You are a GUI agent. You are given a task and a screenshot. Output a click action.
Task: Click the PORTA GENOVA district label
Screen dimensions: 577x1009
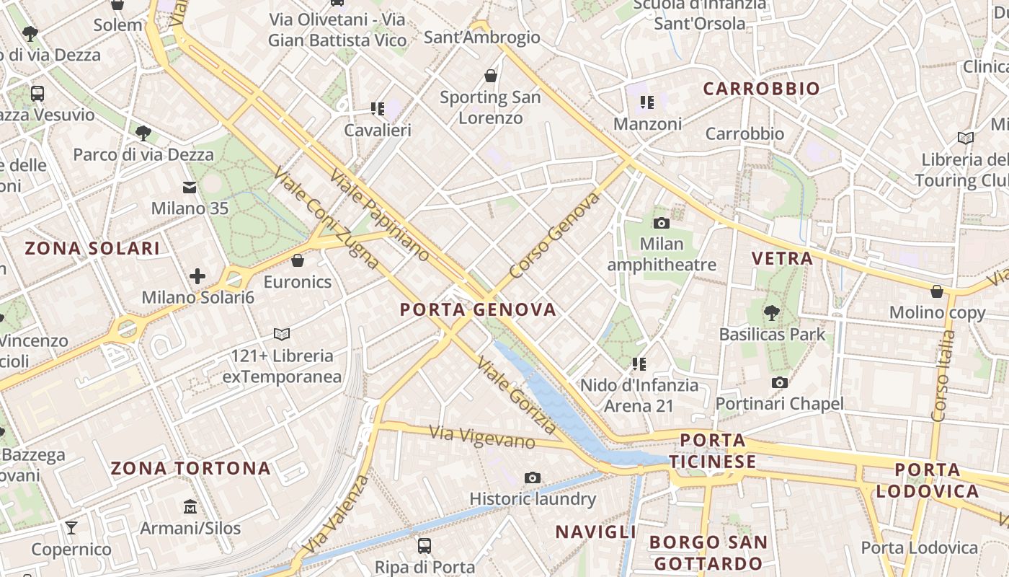coord(478,310)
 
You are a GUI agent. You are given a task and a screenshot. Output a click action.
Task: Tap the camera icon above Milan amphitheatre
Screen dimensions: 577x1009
coord(661,224)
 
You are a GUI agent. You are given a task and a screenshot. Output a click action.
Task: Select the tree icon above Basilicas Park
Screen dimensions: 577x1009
coord(772,313)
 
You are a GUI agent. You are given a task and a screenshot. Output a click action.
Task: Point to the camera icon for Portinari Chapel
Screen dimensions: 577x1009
coord(779,383)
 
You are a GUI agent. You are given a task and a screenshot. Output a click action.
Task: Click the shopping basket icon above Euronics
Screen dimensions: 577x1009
coord(298,260)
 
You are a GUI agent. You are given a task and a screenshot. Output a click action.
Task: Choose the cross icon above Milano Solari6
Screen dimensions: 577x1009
coord(197,276)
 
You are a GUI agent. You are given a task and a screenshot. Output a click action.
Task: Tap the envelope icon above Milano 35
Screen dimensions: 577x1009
coord(190,188)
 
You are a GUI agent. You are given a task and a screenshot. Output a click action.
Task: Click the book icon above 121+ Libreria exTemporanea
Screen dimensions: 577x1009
coord(282,334)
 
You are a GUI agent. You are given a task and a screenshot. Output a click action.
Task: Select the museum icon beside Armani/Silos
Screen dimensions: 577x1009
coord(190,507)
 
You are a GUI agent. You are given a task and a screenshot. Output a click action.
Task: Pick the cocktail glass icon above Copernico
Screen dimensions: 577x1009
coord(71,528)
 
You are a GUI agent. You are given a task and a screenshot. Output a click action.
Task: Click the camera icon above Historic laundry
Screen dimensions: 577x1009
coord(533,477)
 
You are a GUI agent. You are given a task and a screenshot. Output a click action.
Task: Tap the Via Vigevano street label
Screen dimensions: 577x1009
coord(482,437)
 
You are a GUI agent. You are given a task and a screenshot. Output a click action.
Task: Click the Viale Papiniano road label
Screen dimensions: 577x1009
coord(379,215)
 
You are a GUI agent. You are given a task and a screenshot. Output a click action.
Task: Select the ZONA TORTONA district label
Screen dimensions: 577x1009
coord(190,469)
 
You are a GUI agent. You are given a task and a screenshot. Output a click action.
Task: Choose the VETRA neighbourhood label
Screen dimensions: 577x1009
coord(782,258)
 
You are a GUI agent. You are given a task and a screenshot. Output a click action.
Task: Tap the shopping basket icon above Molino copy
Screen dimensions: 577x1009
coord(937,291)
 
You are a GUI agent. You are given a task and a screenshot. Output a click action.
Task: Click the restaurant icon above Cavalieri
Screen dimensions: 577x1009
coord(378,109)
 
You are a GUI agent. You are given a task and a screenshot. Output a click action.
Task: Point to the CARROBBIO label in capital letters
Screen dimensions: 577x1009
coord(761,89)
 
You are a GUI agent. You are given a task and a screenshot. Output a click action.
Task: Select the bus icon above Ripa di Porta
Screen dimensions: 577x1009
coord(425,545)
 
